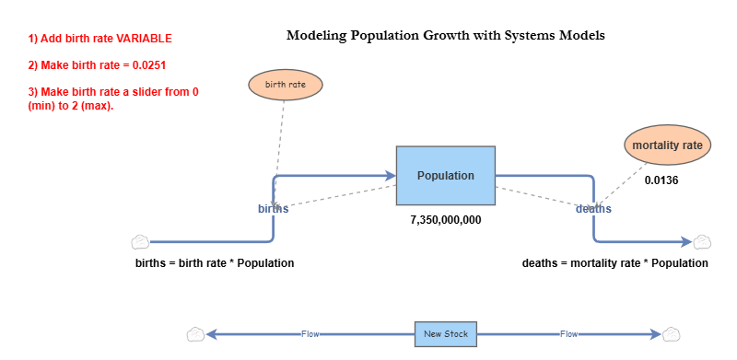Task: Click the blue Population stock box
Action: click(x=446, y=175)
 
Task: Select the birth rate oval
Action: click(x=285, y=85)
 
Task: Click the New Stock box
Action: click(x=446, y=333)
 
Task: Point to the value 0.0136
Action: click(x=661, y=180)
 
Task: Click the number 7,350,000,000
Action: click(x=446, y=221)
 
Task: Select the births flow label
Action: click(x=273, y=208)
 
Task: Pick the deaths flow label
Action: click(x=593, y=209)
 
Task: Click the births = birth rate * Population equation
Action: click(x=215, y=263)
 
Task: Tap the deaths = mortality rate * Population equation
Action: click(x=615, y=263)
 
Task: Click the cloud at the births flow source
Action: click(x=139, y=242)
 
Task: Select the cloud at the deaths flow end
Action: click(x=702, y=242)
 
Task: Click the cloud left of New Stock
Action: click(x=194, y=333)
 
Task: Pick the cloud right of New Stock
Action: click(x=671, y=333)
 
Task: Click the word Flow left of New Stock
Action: click(x=310, y=333)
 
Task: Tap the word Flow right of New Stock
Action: click(x=569, y=333)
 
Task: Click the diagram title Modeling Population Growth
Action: click(x=445, y=37)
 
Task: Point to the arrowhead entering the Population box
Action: click(x=390, y=175)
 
